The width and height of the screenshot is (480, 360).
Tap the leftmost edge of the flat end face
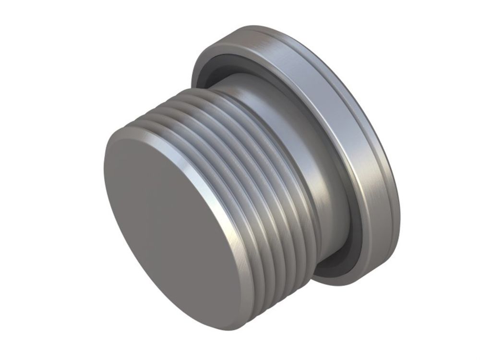[x=105, y=192]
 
